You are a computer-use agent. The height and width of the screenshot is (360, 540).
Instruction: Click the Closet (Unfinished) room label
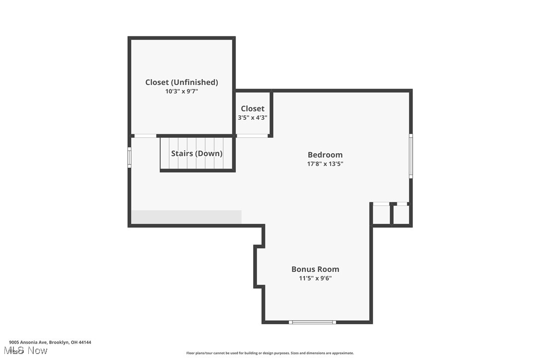pos(181,82)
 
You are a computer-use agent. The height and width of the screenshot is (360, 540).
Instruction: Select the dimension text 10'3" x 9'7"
pos(181,91)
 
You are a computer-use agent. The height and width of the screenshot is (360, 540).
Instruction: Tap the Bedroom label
pos(325,155)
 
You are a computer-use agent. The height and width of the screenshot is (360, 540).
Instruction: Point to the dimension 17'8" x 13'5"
pos(325,164)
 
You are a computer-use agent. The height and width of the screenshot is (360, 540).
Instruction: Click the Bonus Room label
pos(315,269)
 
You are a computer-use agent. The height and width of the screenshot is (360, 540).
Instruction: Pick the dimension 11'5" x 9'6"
pos(315,278)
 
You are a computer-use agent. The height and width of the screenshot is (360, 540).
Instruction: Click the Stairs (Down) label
pos(196,153)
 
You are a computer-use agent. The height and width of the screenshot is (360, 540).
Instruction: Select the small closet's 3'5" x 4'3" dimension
pos(253,118)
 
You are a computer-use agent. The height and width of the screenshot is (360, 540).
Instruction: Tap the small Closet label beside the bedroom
pos(253,108)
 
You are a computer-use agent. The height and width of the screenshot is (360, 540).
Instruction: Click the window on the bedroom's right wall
pos(411,156)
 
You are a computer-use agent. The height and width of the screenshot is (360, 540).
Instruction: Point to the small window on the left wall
pos(129,157)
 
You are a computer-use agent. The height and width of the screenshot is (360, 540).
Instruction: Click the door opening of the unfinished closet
pos(145,136)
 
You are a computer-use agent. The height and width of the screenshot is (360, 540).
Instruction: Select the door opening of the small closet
pos(252,136)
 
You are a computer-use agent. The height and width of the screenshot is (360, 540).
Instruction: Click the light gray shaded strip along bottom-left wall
pos(186,217)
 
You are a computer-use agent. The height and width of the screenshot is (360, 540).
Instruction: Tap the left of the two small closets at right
pos(381,215)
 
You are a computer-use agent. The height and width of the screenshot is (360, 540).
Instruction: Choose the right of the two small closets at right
pos(401,215)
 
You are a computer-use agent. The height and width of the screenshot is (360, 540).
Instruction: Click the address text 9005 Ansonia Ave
pos(50,342)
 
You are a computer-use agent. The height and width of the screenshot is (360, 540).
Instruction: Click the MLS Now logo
pos(28,351)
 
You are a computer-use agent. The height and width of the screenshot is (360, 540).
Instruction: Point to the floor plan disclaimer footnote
pos(270,353)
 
